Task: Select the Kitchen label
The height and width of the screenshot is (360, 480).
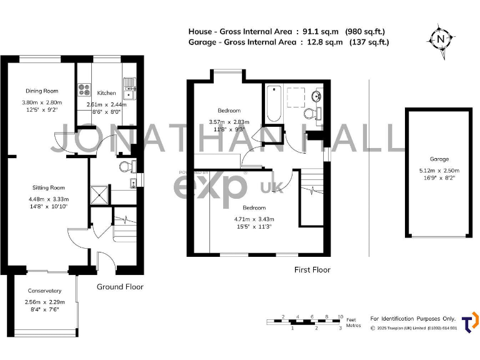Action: tap(106, 93)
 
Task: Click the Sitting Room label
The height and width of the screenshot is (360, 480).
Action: tap(49, 187)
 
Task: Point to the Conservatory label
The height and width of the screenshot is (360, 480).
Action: tap(44, 291)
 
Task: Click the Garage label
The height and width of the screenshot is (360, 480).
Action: tap(439, 159)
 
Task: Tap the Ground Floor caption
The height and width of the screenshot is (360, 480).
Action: tap(120, 287)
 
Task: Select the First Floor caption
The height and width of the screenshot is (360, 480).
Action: tap(312, 270)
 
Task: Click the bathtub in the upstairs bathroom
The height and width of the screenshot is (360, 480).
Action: tap(274, 104)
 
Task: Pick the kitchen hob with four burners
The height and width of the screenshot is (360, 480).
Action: tap(84, 92)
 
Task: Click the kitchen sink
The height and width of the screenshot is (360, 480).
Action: tap(129, 87)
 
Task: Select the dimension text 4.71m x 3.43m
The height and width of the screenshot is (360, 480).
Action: tap(254, 219)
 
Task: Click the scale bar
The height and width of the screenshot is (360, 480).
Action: tap(304, 322)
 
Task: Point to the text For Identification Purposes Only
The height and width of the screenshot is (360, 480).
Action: tap(413, 319)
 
